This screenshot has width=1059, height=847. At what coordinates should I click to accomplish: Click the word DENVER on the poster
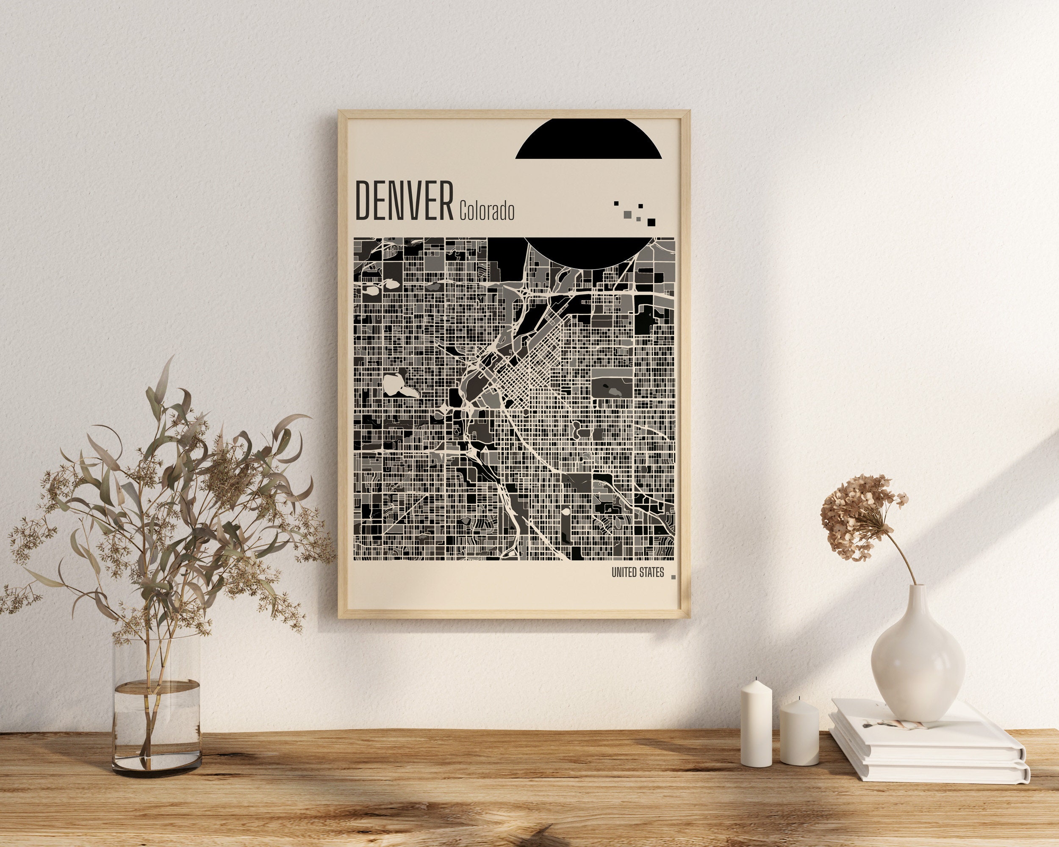404,201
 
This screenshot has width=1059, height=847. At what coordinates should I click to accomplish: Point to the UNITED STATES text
638,573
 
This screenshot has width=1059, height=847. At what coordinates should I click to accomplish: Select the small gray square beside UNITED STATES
673,577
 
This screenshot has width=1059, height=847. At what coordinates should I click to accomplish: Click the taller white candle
756,722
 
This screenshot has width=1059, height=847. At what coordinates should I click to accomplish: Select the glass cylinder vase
157,707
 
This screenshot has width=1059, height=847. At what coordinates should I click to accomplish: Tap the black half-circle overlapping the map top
589,252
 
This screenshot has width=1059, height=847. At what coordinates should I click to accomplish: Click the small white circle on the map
566,512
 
